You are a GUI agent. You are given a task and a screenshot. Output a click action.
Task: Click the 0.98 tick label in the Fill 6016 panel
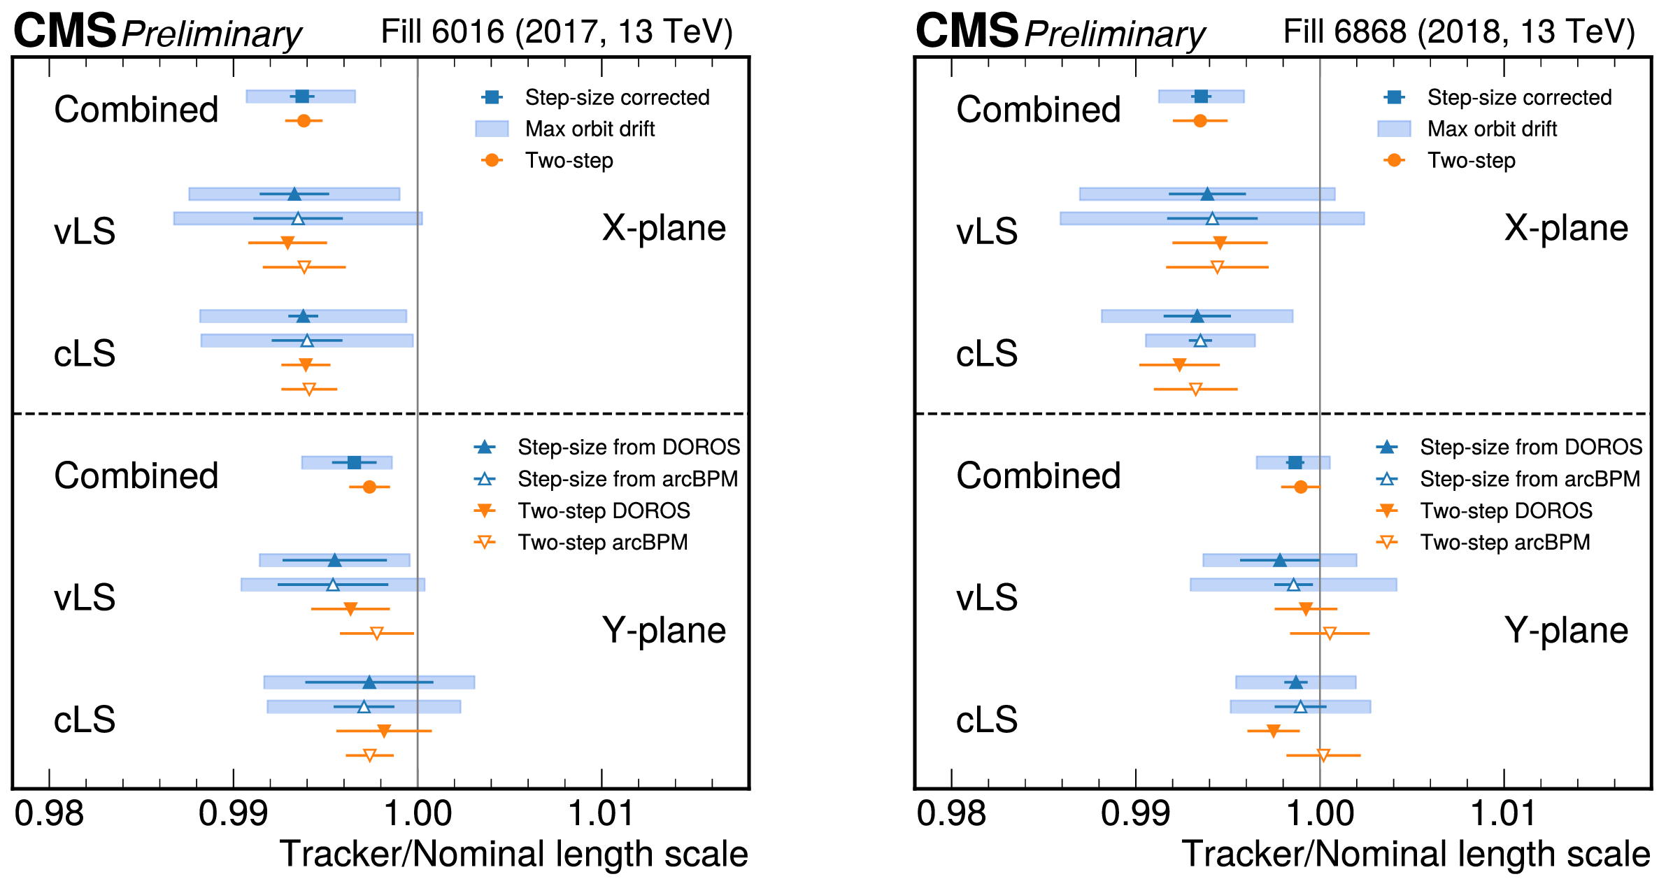[x=49, y=813]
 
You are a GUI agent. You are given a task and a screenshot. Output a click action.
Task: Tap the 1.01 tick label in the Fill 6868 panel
[x=1503, y=813]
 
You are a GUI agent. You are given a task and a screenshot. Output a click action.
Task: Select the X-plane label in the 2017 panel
[x=664, y=228]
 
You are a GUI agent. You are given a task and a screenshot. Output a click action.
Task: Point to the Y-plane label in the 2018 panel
[x=1566, y=630]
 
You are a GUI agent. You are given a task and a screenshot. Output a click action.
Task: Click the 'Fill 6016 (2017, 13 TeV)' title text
[x=557, y=32]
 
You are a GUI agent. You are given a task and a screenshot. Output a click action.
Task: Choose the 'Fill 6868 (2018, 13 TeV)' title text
[x=1459, y=32]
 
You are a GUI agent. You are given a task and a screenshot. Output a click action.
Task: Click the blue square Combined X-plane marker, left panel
[x=301, y=97]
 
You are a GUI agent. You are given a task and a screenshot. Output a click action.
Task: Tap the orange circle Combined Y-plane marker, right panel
[x=1300, y=487]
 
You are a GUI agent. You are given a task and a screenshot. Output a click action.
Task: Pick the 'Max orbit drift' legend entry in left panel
[x=590, y=129]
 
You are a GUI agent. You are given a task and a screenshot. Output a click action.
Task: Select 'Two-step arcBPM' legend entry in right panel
[x=1504, y=542]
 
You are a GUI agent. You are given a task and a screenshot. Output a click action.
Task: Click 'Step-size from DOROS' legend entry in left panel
[x=628, y=447]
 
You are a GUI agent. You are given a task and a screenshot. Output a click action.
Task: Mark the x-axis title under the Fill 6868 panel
[x=1416, y=854]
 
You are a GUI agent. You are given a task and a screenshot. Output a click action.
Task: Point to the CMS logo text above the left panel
[x=64, y=31]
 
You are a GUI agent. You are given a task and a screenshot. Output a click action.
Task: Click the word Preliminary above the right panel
[x=1115, y=34]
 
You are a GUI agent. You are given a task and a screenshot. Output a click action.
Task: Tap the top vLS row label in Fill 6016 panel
[x=85, y=231]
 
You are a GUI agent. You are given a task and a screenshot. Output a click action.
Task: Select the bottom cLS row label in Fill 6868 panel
[x=987, y=719]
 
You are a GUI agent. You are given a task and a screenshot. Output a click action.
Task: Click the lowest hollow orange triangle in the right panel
[x=1323, y=755]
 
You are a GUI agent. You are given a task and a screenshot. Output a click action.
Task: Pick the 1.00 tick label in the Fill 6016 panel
[x=418, y=813]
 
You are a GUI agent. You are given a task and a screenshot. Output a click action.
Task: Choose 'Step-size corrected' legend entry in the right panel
[x=1519, y=97]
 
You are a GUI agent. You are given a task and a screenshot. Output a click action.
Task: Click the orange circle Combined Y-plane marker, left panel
[x=369, y=487]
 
